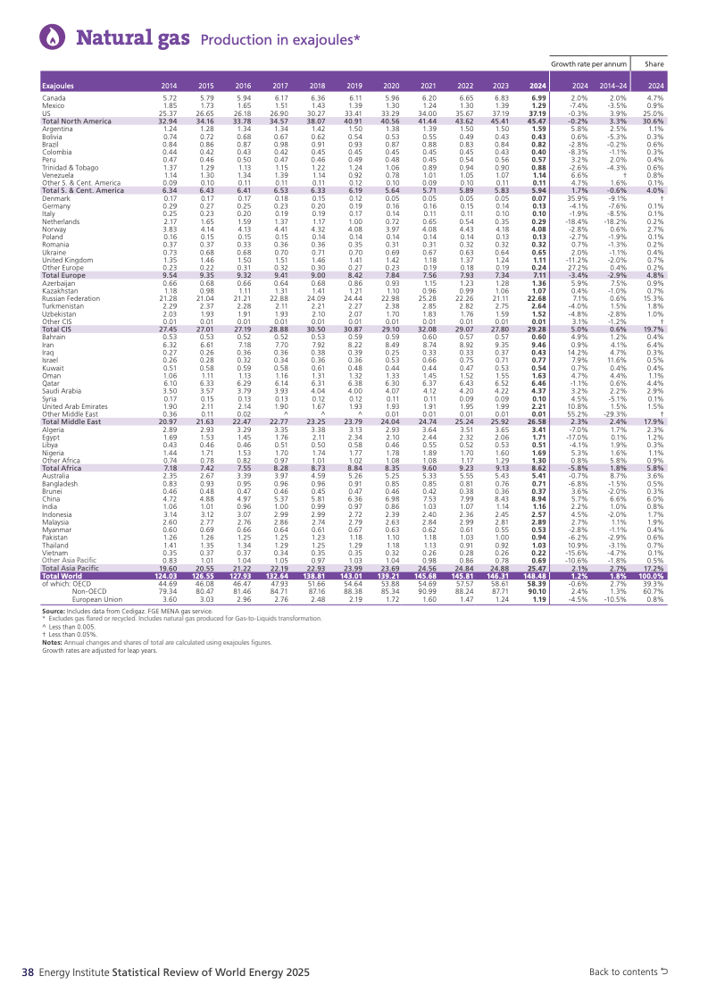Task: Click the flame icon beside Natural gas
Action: tap(53, 37)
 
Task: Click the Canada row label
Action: tap(54, 96)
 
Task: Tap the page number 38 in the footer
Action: tap(28, 972)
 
